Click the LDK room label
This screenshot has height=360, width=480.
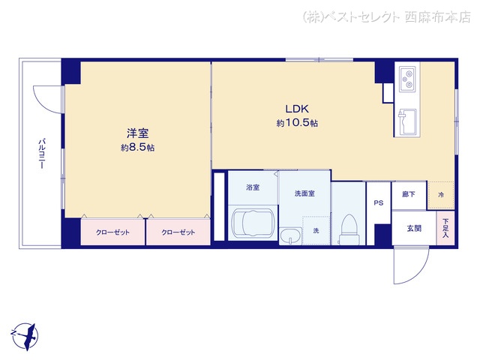click(297, 109)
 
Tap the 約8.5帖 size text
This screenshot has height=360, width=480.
click(137, 148)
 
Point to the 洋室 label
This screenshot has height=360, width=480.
click(138, 133)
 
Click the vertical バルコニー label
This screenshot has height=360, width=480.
click(42, 154)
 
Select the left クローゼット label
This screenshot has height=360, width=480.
click(112, 232)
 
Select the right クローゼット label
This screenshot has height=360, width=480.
click(178, 232)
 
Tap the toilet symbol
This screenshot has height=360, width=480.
click(349, 229)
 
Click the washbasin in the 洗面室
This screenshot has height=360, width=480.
click(290, 236)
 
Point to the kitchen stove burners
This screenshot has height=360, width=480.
click(407, 79)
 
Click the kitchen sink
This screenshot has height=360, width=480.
click(407, 121)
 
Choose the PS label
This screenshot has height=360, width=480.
click(378, 202)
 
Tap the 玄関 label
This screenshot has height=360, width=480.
click(414, 228)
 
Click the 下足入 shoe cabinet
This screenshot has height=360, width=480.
click(445, 228)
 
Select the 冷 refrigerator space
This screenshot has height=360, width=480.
click(441, 195)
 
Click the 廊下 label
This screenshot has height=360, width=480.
click(409, 194)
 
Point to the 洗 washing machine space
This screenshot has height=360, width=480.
click(316, 230)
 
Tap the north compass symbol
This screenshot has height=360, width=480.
click(25, 337)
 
